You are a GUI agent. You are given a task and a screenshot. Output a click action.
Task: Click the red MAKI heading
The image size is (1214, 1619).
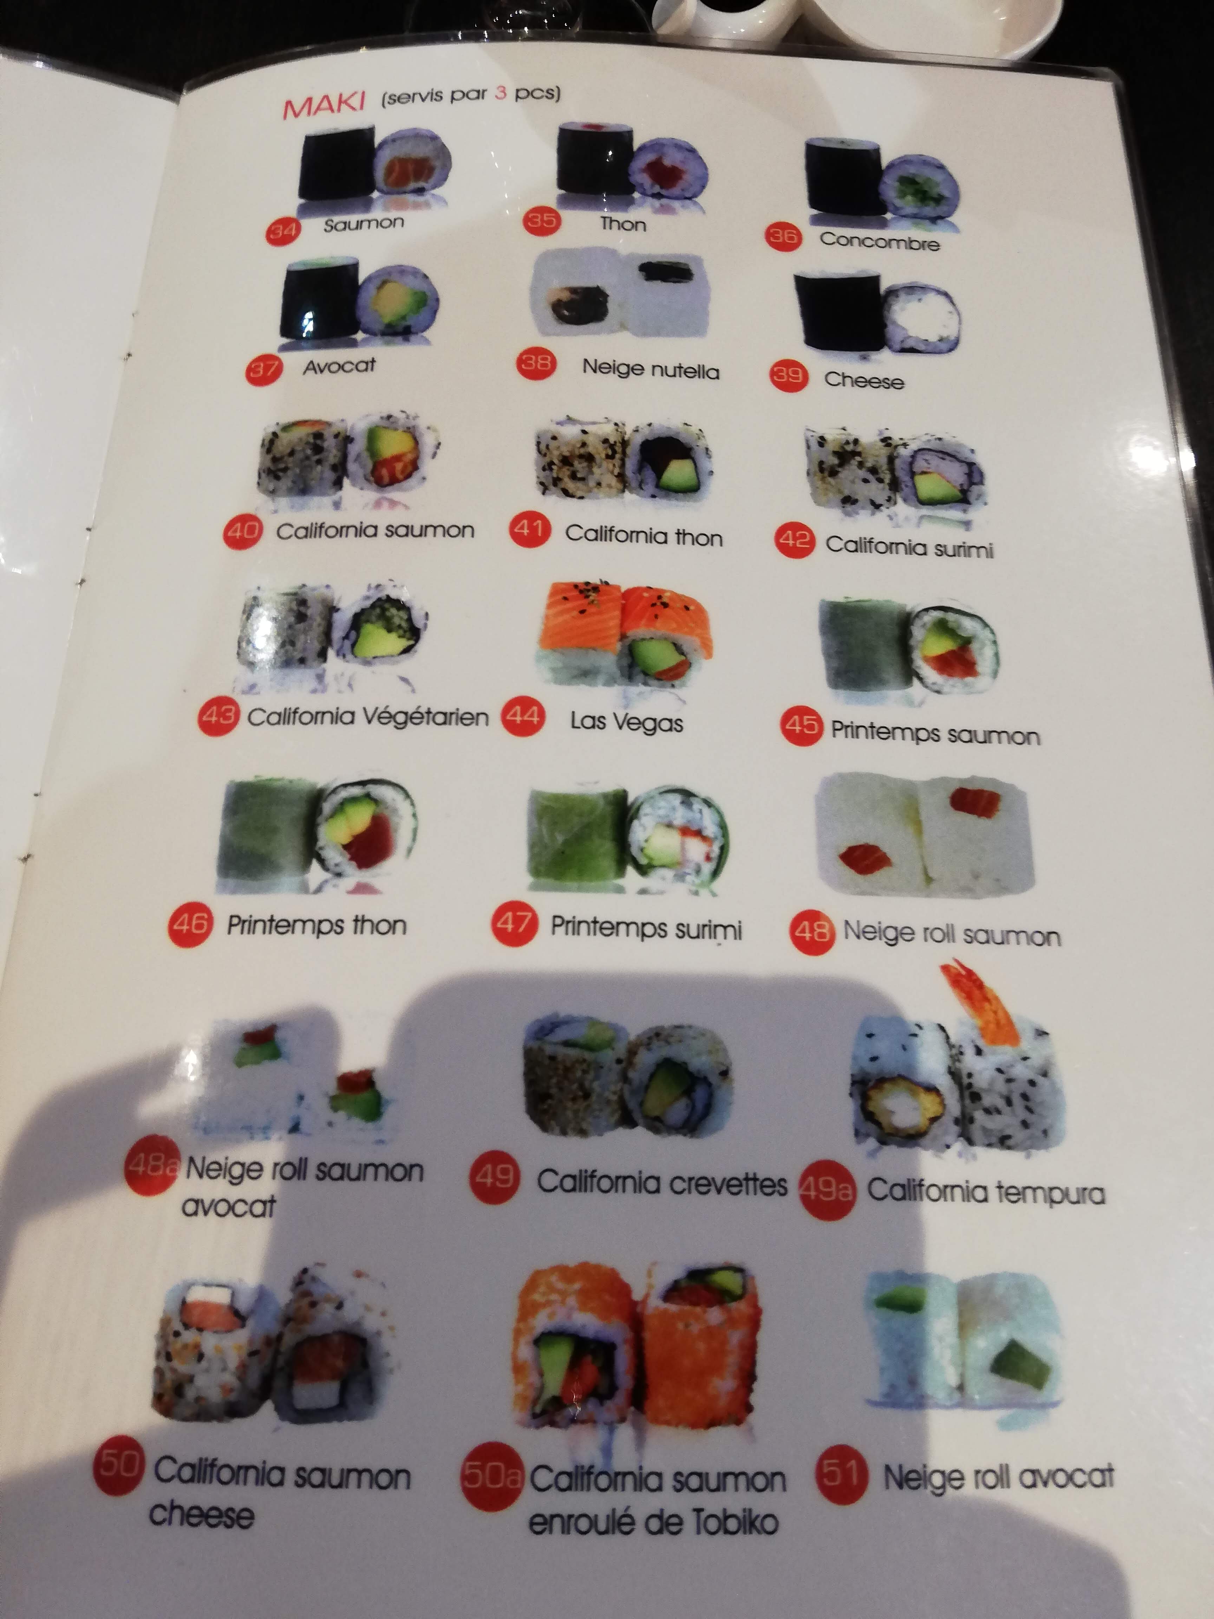point(324,105)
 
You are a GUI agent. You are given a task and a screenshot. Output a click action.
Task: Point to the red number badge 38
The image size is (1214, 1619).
point(536,363)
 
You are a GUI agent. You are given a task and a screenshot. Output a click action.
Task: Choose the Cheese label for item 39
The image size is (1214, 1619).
point(863,380)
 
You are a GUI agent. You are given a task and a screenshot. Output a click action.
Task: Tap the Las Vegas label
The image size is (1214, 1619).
point(626,722)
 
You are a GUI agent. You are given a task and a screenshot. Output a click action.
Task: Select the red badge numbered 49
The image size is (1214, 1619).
point(495,1177)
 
